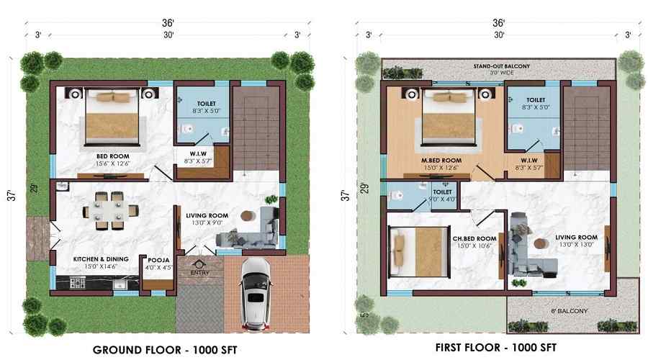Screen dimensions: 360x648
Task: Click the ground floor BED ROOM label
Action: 112,155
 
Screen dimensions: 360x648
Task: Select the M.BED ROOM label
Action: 441,160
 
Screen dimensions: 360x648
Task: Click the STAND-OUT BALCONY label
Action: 501,66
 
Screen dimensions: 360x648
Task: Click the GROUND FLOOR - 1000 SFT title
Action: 165,350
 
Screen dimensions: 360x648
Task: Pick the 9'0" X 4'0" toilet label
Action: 442,195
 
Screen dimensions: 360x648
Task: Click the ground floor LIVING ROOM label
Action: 207,216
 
